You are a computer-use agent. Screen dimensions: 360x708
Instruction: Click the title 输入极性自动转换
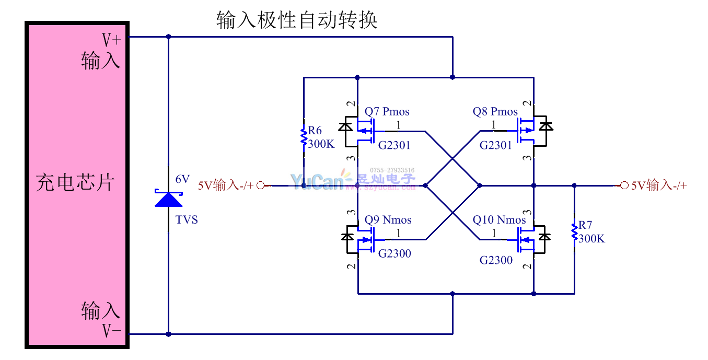(296, 21)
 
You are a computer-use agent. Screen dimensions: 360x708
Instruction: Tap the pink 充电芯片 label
(75, 182)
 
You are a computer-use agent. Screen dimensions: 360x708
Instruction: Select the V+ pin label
(111, 40)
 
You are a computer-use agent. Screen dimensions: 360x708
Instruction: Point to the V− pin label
(111, 331)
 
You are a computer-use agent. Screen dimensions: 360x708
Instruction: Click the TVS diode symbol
(168, 199)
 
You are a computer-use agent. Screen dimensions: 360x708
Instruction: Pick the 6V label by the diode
(182, 179)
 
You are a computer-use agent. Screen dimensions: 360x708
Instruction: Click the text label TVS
(187, 220)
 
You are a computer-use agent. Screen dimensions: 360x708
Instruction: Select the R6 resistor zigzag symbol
(303, 137)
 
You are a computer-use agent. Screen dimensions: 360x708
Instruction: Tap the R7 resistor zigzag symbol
(574, 233)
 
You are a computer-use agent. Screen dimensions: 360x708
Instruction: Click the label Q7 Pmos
(387, 111)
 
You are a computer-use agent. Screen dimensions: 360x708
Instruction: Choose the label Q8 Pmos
(495, 111)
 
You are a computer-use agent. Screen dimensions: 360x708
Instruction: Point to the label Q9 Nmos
(388, 219)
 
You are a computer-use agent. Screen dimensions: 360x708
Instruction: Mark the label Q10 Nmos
(499, 220)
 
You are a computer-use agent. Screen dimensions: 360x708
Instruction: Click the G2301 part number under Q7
(394, 145)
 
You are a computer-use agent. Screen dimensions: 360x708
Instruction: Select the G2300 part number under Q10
(496, 260)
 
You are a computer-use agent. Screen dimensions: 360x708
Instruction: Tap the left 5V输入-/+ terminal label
(225, 185)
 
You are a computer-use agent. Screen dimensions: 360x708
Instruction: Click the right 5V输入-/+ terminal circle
(624, 185)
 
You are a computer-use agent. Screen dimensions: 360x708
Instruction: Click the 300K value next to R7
(591, 238)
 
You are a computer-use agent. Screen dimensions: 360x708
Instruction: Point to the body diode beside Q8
(545, 126)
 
